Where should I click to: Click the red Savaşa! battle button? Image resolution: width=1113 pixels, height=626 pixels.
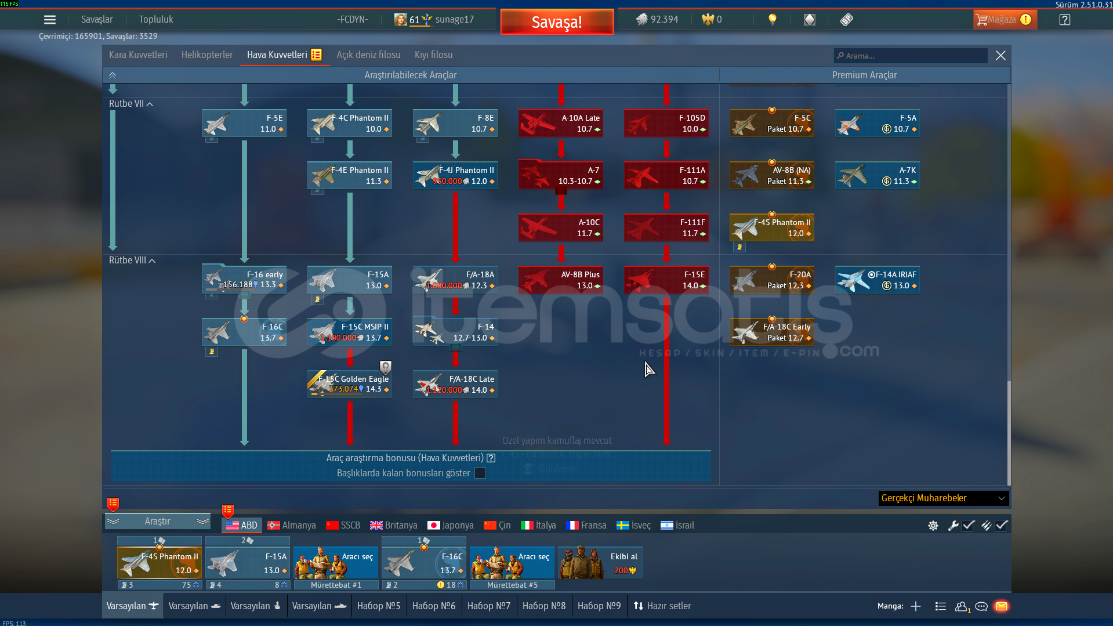(557, 22)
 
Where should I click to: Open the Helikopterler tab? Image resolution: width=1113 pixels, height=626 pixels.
(207, 55)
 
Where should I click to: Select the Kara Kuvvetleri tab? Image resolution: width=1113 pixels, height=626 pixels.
(138, 55)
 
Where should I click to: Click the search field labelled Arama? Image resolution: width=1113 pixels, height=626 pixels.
(911, 56)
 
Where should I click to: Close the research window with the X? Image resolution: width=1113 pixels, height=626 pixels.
(1000, 56)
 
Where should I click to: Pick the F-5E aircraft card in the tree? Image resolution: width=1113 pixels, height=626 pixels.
(244, 123)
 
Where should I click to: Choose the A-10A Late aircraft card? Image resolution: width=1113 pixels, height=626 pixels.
(561, 123)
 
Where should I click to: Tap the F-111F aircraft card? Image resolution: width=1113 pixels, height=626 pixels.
(666, 227)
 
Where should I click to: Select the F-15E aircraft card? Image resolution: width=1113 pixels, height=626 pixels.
(666, 280)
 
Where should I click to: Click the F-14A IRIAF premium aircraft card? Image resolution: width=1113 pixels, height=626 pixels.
(878, 280)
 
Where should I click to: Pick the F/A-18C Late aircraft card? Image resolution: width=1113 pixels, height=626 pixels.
(455, 384)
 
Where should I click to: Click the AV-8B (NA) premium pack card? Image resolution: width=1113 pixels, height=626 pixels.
(772, 175)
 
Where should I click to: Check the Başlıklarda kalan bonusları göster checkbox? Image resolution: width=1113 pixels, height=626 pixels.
(480, 473)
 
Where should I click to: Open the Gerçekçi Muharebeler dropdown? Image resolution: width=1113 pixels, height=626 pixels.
(943, 498)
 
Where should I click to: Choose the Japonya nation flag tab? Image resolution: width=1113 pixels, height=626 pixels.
(451, 525)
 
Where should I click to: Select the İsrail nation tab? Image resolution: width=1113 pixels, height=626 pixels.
(677, 525)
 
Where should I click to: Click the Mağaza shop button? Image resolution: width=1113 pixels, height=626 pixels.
(1004, 20)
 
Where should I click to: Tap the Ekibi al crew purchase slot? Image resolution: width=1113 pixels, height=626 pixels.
(600, 563)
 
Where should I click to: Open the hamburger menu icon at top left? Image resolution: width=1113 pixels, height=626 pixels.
(50, 20)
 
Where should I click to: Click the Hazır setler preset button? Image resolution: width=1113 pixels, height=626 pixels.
(662, 606)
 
